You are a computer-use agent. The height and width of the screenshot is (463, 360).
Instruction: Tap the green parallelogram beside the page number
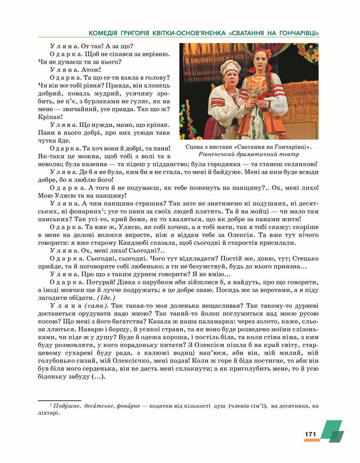(331, 431)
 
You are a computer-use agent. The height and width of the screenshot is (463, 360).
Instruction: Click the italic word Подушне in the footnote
(66, 406)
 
